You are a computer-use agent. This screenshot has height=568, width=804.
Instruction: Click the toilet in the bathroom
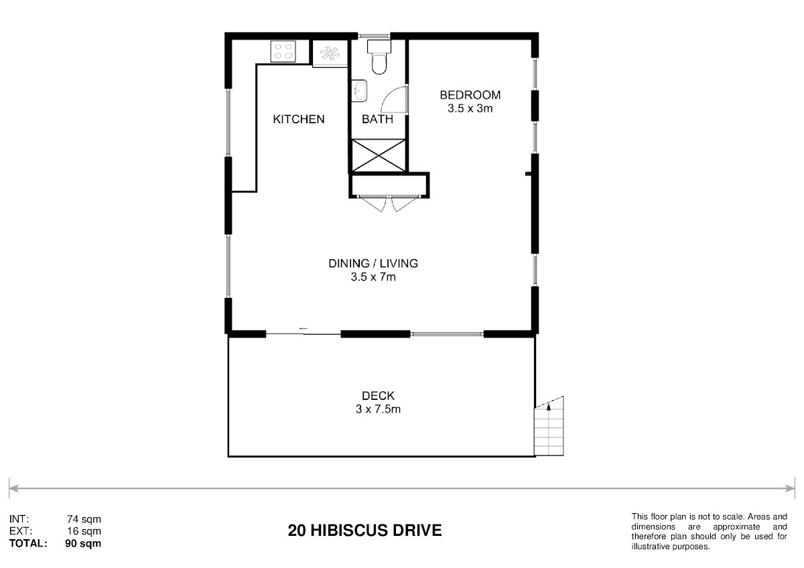[x=379, y=57]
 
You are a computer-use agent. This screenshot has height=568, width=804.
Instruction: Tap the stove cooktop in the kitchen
[x=283, y=52]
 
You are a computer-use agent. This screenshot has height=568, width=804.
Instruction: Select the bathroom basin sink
[x=358, y=91]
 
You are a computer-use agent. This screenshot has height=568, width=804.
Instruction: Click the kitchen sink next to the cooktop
[x=330, y=54]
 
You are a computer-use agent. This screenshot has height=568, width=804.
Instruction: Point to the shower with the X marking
[x=379, y=155]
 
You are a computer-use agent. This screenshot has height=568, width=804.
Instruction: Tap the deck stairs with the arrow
[x=549, y=426]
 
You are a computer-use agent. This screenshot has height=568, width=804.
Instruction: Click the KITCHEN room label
[x=299, y=119]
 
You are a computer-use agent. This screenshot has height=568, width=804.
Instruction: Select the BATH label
[x=377, y=119]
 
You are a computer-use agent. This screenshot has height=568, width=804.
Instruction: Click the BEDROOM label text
[x=470, y=95]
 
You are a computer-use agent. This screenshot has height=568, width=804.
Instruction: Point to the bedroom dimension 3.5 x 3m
[x=470, y=109]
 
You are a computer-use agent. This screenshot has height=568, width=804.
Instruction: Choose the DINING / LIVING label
[x=373, y=263]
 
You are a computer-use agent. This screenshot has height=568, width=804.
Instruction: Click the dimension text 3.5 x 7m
[x=373, y=277]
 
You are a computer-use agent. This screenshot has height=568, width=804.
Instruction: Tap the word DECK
[x=378, y=396]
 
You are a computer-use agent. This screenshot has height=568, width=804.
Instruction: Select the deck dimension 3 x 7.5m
[x=378, y=409]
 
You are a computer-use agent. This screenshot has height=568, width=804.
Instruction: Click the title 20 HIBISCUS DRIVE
[x=364, y=530]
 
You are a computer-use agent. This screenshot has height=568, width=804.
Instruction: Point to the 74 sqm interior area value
[x=84, y=519]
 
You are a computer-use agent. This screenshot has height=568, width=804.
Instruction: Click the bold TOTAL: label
[x=28, y=543]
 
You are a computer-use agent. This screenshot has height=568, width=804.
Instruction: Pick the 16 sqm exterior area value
[x=84, y=531]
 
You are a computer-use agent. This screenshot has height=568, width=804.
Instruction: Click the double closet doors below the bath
[x=389, y=204]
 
